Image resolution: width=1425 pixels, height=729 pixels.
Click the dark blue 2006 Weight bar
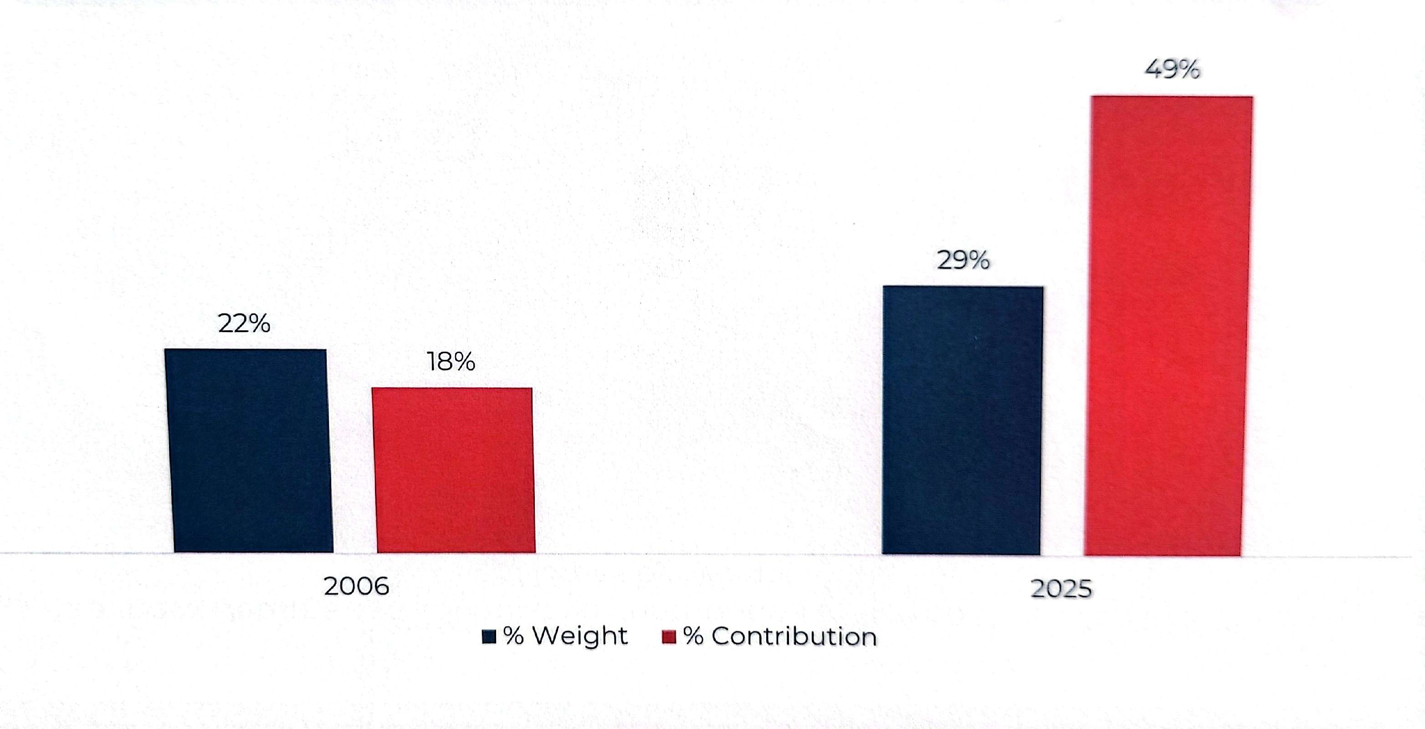tap(249, 451)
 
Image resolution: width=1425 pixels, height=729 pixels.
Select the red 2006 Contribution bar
tap(454, 470)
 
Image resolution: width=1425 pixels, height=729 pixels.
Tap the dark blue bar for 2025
tap(963, 421)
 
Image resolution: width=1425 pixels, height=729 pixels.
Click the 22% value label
tap(244, 323)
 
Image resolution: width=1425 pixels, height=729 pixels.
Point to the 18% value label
tap(451, 362)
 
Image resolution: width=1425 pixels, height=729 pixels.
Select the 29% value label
tap(963, 261)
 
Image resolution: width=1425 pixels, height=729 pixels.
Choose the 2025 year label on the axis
tap(1061, 589)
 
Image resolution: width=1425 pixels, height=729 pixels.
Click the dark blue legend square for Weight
tap(489, 637)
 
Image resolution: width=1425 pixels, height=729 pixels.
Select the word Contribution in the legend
tap(794, 637)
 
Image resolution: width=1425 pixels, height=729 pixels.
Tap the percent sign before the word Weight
tap(514, 637)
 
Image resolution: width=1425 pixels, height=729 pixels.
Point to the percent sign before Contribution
tap(694, 637)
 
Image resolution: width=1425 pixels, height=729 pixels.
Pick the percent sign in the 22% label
tap(258, 323)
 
